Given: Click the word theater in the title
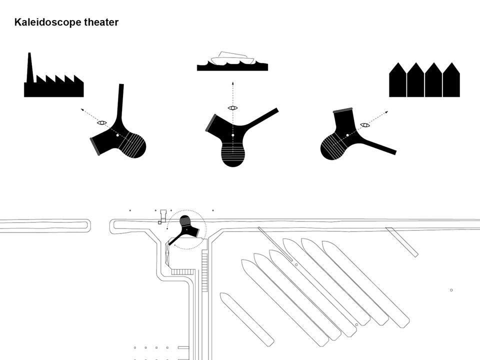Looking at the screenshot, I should [101, 22].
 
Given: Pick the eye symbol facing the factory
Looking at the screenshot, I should [102, 122].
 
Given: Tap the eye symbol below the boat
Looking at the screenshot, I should [232, 108].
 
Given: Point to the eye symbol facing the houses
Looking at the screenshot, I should [365, 125].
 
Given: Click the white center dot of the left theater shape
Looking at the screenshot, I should [117, 135].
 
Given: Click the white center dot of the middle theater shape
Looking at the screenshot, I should [232, 135].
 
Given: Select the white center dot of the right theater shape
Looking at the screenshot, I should [347, 135].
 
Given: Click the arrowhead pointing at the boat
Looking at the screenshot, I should [232, 83].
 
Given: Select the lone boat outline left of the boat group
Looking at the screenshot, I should [247, 319].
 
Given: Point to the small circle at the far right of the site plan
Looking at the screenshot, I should [451, 290].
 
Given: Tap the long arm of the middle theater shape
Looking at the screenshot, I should [262, 116].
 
